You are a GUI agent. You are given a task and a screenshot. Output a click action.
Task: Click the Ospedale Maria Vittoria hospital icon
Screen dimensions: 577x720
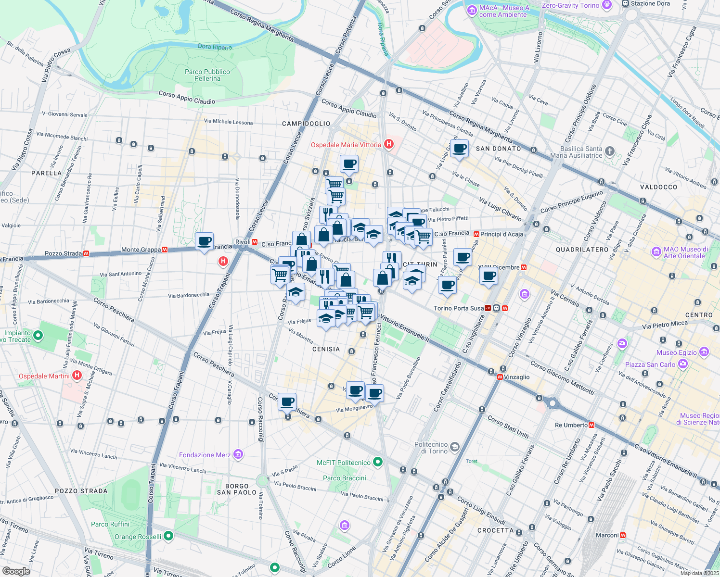click(389, 144)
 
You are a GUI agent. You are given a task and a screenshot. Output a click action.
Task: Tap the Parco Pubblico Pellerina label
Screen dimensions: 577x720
click(207, 75)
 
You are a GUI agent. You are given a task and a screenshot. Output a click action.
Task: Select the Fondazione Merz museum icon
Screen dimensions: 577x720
click(238, 454)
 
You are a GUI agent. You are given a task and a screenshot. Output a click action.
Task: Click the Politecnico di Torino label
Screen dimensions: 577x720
click(431, 448)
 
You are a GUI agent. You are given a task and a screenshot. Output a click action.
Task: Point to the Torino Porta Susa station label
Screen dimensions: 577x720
click(459, 308)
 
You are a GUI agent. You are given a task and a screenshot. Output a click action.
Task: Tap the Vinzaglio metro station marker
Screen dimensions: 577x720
click(500, 377)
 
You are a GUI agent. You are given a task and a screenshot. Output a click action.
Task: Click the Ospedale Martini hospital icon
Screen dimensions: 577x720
click(77, 376)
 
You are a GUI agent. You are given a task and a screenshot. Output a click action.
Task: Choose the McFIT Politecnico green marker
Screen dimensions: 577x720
click(378, 462)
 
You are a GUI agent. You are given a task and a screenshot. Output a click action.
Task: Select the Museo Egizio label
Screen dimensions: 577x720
click(676, 352)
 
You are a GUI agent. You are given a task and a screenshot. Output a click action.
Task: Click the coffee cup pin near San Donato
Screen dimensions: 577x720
click(460, 149)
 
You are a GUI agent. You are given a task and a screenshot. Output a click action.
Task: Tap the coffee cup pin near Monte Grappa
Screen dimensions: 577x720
click(205, 241)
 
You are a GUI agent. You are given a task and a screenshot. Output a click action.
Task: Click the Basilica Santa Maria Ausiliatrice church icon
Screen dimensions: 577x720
click(610, 151)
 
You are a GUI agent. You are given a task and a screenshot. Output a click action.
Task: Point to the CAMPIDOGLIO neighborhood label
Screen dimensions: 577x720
click(306, 124)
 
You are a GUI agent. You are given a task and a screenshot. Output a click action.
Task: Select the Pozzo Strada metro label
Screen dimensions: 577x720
click(63, 253)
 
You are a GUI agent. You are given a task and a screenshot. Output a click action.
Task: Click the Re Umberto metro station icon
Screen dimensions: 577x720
click(591, 425)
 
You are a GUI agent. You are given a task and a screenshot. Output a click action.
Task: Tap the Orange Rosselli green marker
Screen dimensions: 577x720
click(168, 536)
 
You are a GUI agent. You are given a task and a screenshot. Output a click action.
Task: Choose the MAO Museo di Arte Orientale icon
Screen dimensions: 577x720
click(656, 252)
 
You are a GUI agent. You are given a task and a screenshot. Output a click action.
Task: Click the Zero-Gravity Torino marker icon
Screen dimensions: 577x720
click(607, 5)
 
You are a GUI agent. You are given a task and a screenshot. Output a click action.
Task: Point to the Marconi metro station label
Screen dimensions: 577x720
click(607, 535)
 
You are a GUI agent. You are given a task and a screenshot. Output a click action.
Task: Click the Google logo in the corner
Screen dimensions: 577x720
click(16, 571)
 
